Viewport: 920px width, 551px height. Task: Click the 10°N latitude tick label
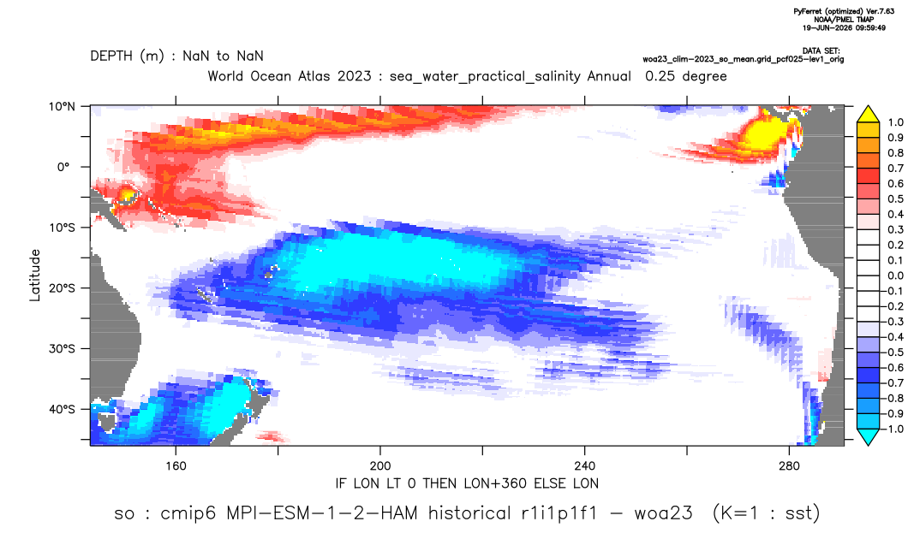coord(62,106)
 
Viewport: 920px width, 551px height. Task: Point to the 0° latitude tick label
coord(63,167)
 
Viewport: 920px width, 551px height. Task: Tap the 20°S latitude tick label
coord(62,287)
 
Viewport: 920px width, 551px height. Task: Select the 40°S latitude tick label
coord(62,409)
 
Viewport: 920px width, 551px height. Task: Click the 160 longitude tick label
coord(176,466)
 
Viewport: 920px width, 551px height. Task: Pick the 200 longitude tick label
coord(380,466)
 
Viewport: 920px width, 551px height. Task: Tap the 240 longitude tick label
coord(584,466)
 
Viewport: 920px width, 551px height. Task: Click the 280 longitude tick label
coord(789,466)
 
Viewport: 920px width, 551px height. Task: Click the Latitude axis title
coord(34,275)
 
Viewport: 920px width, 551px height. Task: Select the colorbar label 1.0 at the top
coord(895,122)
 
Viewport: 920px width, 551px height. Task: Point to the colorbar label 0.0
coord(895,275)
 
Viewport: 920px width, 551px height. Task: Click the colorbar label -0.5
coord(893,353)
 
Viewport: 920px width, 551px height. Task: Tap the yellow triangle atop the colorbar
coord(868,115)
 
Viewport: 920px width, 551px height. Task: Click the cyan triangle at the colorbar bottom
coord(868,436)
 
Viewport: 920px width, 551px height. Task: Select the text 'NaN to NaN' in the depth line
coord(223,56)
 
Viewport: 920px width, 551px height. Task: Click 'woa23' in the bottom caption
coord(663,514)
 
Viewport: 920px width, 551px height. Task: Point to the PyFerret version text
coord(844,11)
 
